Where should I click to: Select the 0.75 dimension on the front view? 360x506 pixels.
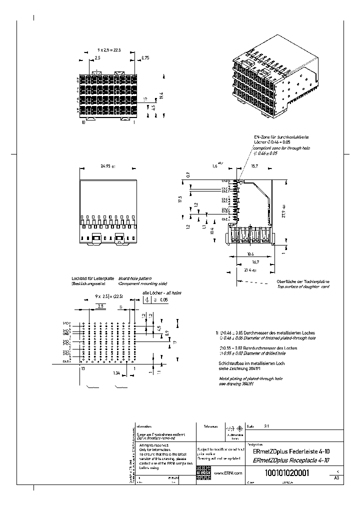[145, 58]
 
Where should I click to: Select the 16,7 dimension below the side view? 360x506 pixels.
[255, 261]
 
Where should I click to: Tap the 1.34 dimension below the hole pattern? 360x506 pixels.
[116, 373]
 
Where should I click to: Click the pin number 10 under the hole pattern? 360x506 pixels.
[83, 367]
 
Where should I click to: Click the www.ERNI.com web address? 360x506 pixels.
[228, 472]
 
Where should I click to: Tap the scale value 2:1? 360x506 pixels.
[266, 427]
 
